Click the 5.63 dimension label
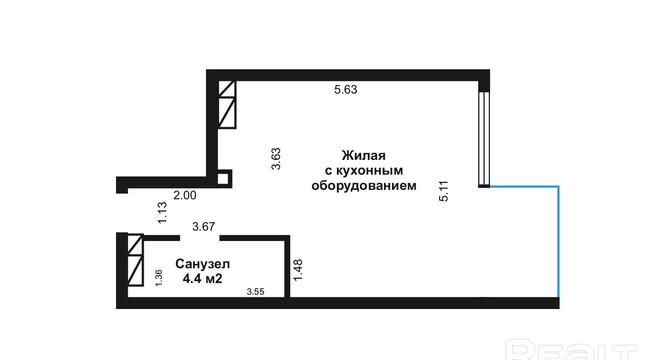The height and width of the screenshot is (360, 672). pos(345,90)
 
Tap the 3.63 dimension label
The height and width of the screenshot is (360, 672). pos(276,159)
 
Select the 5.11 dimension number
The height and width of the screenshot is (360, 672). pos(444,191)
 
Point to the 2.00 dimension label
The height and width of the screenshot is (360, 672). pos(185,195)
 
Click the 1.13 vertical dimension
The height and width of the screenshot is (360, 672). pos(162,213)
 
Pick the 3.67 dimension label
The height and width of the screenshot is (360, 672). pos(203,226)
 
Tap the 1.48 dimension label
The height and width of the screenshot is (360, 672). pos(298,270)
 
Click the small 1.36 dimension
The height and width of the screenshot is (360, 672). pos(159,278)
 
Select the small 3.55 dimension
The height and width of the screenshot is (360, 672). pos(255,292)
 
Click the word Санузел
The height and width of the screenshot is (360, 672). pos(202,264)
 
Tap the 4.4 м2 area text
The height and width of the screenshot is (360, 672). pos(202,279)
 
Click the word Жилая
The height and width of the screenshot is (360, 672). pos(363,155)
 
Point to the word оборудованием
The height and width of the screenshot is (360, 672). pos(363,186)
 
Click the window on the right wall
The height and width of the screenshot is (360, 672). pos(484,139)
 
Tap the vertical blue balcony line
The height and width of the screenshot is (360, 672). pos(558,242)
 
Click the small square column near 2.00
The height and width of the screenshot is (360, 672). pos(223,178)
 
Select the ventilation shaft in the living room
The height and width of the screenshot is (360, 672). pos(227,104)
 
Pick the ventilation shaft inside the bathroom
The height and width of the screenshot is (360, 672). pos(135,260)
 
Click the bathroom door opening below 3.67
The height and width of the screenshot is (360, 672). pos(200,237)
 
